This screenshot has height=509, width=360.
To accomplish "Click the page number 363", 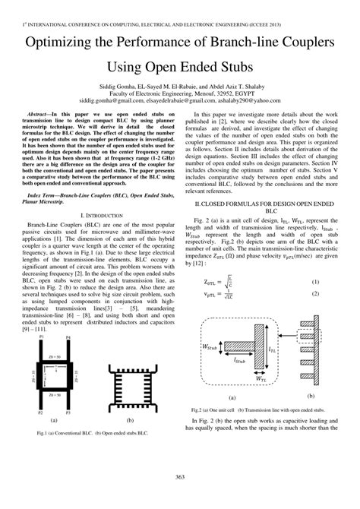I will tap(179, 476).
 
